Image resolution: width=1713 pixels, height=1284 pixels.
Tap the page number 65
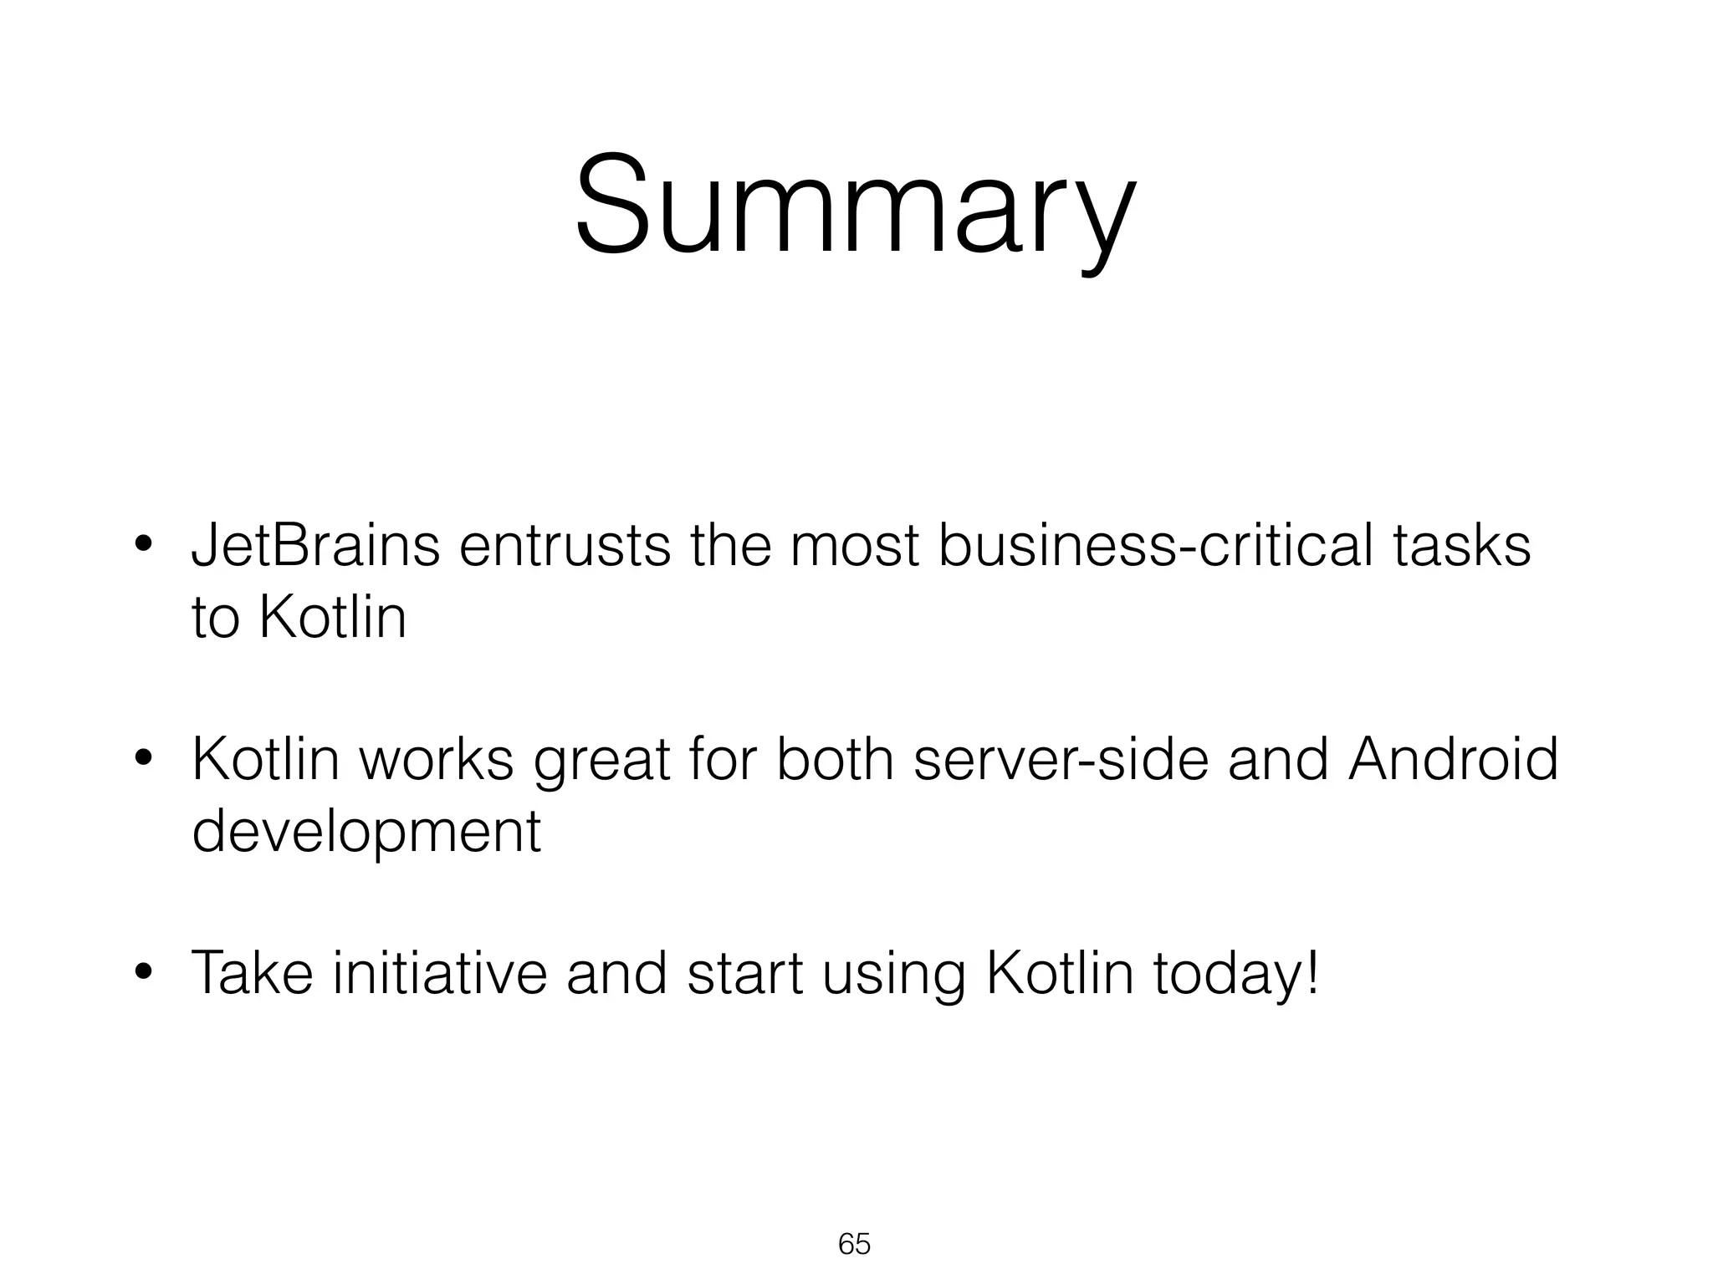pyautogui.click(x=854, y=1244)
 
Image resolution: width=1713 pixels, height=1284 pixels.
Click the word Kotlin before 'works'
pyautogui.click(x=265, y=759)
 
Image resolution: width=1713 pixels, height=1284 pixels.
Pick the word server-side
pyautogui.click(x=1061, y=759)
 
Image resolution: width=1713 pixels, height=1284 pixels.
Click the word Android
pyautogui.click(x=1453, y=759)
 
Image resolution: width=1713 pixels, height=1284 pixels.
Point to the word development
pyautogui.click(x=366, y=833)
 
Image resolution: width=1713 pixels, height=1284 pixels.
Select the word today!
pyautogui.click(x=1236, y=975)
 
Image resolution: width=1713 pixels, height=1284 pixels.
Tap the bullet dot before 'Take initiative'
pyautogui.click(x=144, y=975)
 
